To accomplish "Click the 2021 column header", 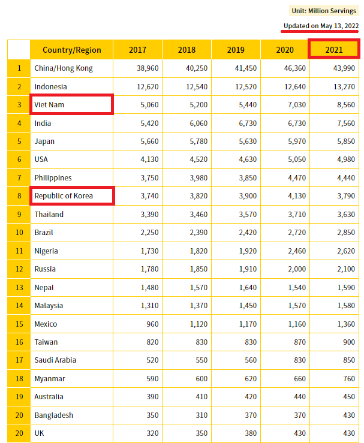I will point(333,50).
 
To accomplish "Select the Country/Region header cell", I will point(72,50).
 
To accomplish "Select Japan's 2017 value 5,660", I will point(148,141).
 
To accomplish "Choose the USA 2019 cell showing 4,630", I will point(246,159).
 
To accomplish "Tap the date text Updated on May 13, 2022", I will point(321,26).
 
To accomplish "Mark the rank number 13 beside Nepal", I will point(19,287).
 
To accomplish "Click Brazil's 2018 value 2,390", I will point(197,233).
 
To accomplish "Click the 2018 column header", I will point(186,50).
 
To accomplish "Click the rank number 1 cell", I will point(19,68).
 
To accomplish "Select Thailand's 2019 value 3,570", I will point(246,214).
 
